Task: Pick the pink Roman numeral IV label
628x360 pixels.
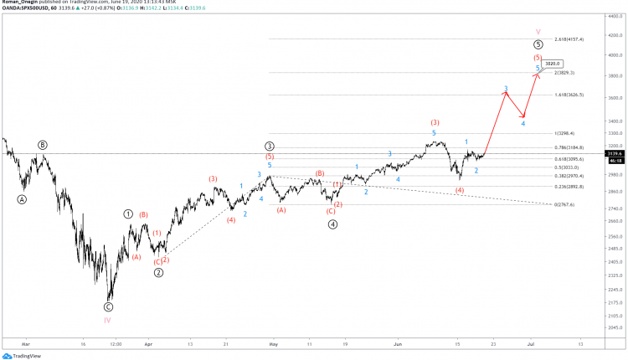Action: [x=108, y=320]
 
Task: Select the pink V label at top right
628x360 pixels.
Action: [x=538, y=33]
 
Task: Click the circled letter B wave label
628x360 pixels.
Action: [x=43, y=145]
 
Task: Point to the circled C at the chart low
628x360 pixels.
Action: [x=108, y=307]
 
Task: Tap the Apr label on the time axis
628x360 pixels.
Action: [x=148, y=344]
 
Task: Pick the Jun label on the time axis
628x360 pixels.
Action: [x=398, y=344]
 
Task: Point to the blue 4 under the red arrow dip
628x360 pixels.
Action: [x=523, y=124]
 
